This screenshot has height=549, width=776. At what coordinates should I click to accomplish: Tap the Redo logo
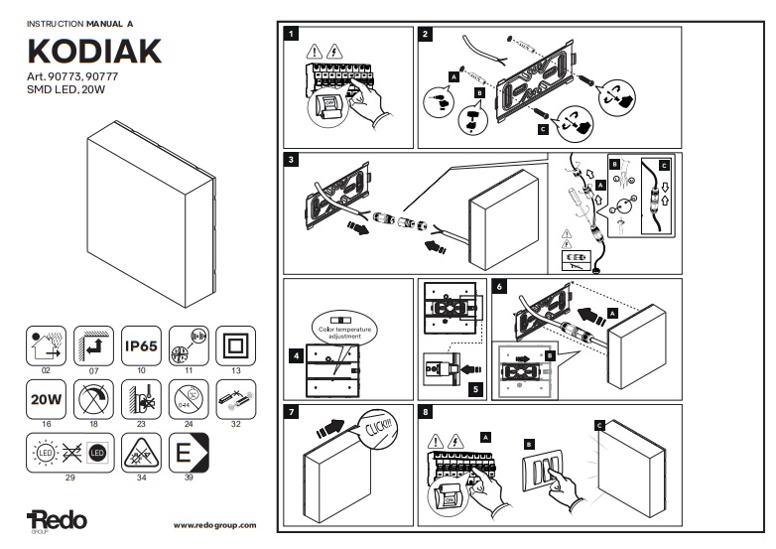click(x=58, y=519)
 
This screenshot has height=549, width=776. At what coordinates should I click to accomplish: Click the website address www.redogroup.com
click(x=214, y=524)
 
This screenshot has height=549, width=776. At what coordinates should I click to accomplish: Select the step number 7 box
click(x=292, y=412)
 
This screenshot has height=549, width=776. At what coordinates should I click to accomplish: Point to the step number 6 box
click(x=500, y=286)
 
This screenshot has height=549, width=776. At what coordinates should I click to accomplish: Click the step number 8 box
click(x=426, y=412)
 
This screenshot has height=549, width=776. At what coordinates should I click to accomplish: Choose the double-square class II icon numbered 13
click(x=235, y=346)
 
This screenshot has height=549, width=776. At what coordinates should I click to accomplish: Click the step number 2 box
click(x=426, y=34)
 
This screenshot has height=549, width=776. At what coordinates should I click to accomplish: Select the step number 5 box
click(x=475, y=390)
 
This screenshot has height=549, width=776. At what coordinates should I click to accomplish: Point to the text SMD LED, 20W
click(x=62, y=90)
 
